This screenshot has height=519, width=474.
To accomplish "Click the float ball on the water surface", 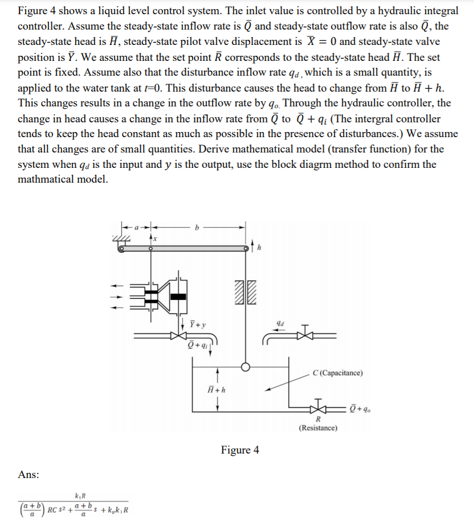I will tap(246, 367).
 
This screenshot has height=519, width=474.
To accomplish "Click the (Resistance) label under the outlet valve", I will tap(318, 427).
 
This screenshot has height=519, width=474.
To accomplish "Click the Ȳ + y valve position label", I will tap(197, 324).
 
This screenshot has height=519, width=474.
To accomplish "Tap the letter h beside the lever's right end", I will tap(259, 247).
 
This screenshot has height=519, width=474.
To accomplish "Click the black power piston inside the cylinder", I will tap(178, 296).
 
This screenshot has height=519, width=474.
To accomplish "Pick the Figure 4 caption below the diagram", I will tap(240, 450).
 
